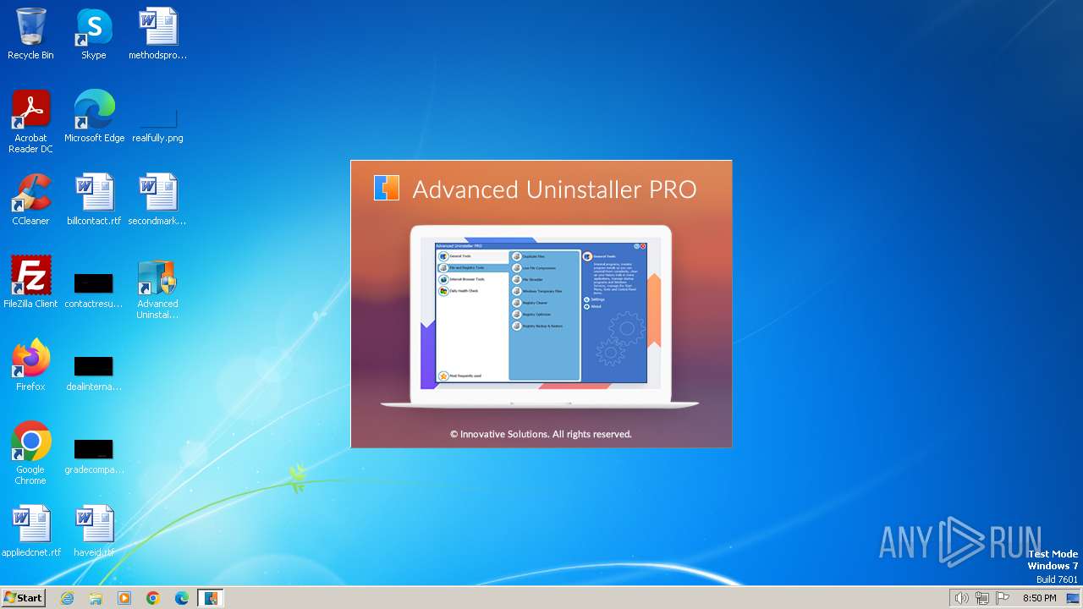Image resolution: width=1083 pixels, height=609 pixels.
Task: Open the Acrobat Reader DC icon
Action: point(30,110)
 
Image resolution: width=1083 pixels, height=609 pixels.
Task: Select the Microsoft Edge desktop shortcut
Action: point(94,110)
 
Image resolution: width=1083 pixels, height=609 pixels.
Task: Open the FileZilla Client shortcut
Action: point(30,276)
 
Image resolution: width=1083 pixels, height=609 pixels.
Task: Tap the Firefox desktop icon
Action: point(30,359)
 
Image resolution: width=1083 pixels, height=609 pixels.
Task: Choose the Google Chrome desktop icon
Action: point(30,442)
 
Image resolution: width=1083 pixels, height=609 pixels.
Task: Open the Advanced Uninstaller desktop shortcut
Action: point(157,279)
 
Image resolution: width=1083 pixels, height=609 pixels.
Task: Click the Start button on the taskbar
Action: point(24,598)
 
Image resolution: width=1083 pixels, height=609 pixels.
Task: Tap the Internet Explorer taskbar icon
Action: point(67,598)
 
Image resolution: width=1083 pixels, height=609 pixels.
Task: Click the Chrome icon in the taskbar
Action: point(153,598)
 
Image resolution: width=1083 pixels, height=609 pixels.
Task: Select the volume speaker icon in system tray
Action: point(961,598)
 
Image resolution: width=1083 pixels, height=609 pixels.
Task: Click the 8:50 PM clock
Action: point(1039,598)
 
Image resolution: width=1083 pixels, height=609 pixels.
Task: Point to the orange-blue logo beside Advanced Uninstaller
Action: point(386,188)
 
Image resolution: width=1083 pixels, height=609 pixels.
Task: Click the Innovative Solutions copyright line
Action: point(541,434)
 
